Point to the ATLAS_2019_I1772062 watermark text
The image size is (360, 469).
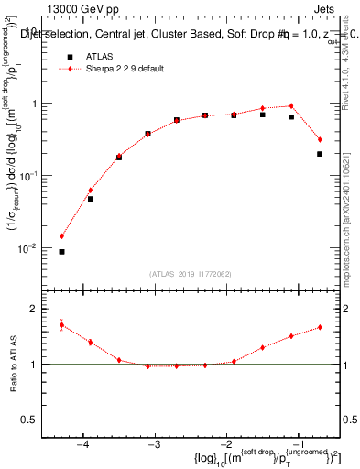pyautogui.click(x=191, y=274)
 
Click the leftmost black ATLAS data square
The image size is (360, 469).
pyautogui.click(x=61, y=251)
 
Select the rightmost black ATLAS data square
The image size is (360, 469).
pyautogui.click(x=320, y=154)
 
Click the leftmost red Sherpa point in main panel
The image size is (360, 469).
pyautogui.click(x=61, y=235)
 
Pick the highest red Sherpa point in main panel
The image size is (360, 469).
pyautogui.click(x=291, y=106)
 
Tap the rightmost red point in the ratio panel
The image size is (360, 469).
pyautogui.click(x=320, y=327)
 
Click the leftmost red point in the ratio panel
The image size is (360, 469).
pyautogui.click(x=61, y=324)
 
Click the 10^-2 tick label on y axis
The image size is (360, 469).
pyautogui.click(x=34, y=248)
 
